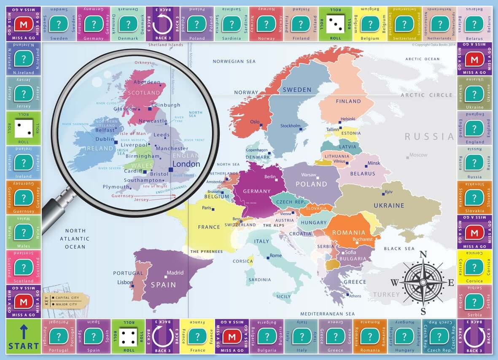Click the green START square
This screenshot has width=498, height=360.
coord(24,336)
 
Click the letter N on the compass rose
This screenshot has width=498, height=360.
coord(424,254)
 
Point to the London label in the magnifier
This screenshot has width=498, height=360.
coord(186,164)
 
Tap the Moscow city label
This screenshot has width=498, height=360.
coord(418,155)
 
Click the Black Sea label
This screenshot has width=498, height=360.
coord(398,249)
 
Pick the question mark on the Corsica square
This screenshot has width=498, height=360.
coord(474,266)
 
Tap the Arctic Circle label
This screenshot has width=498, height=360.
coord(426,95)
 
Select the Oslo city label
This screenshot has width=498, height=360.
coord(255,122)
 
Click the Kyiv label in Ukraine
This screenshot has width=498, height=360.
coord(388,192)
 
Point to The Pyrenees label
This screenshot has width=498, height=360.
coord(206,252)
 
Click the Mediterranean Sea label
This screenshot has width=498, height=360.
coord(327,314)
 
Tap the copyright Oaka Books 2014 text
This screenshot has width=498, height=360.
coord(433,44)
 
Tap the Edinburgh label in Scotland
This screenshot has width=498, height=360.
coord(166,105)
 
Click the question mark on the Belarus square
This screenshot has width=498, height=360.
coord(474,24)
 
